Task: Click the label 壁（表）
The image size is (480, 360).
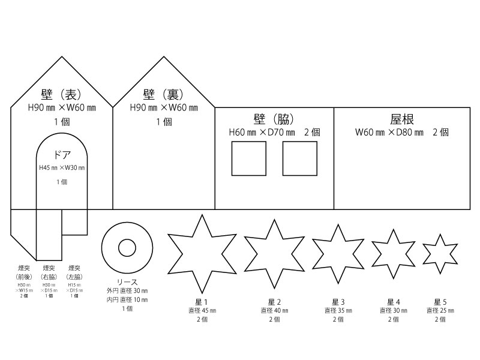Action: [x=61, y=95]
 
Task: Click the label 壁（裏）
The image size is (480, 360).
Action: [x=163, y=95]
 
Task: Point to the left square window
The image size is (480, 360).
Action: [x=248, y=158]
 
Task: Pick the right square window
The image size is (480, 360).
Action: [x=300, y=158]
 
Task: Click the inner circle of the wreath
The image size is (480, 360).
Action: [x=127, y=247]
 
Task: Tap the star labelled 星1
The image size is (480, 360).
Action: [x=200, y=253]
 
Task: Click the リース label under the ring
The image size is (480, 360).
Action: [x=127, y=282]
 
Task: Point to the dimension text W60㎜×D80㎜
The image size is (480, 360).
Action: [x=389, y=132]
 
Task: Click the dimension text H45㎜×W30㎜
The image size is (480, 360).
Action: [x=62, y=168]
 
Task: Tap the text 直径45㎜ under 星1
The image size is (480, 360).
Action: [x=201, y=311]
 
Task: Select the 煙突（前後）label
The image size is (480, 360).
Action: [x=23, y=272]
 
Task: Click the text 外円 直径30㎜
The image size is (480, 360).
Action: [x=127, y=291]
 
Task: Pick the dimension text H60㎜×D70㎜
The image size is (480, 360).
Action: [x=263, y=132]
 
